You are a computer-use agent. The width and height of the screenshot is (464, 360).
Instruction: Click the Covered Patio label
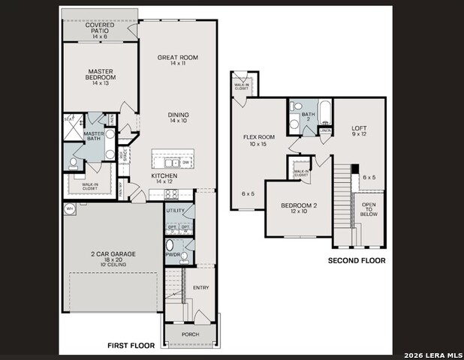tap(99, 30)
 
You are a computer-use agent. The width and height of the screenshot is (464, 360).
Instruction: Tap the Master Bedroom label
tap(100, 76)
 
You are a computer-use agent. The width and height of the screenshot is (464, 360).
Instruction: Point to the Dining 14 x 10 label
tap(178, 117)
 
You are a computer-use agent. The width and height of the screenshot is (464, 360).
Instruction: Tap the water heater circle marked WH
tap(70, 210)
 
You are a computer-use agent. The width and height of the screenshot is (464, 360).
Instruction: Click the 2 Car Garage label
tap(113, 258)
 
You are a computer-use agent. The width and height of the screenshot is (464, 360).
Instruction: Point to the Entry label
tap(200, 288)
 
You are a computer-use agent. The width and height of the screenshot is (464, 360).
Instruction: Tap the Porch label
tap(191, 334)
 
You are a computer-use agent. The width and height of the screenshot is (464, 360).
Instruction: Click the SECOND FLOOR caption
tap(357, 261)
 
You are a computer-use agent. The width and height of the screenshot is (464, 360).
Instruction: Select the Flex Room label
tap(260, 140)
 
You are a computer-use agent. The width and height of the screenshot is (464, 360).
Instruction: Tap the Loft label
tap(360, 131)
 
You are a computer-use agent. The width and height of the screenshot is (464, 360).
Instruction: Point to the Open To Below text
tap(369, 209)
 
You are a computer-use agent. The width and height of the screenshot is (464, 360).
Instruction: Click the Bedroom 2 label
tap(300, 208)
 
